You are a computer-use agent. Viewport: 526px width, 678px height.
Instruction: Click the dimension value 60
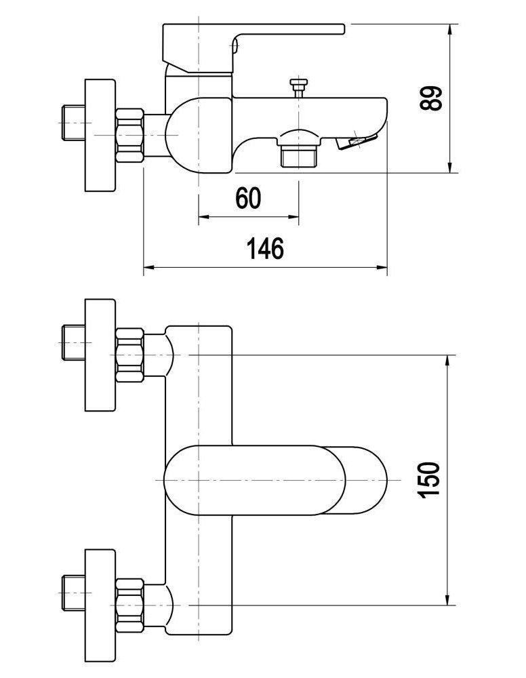[248, 198]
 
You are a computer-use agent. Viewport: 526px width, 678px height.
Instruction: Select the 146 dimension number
[266, 249]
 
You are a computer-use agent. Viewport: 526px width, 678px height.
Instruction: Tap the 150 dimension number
[432, 479]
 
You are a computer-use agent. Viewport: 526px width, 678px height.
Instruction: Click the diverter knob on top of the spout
[298, 87]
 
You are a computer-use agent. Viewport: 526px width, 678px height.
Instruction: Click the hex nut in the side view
[130, 136]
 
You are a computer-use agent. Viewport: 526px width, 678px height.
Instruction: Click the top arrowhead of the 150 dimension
[447, 361]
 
